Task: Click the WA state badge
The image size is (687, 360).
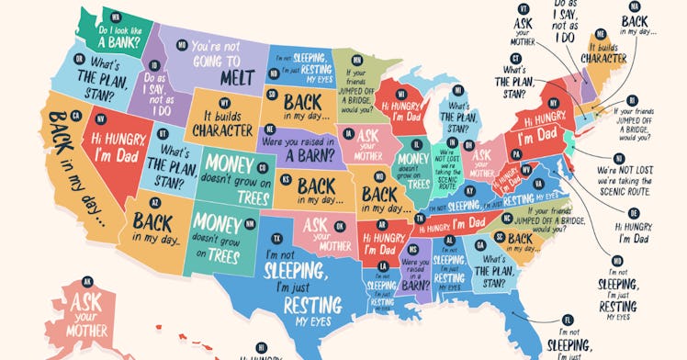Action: (116, 17)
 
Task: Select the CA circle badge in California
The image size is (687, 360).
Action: (76, 116)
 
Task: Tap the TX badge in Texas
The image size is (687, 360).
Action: (277, 238)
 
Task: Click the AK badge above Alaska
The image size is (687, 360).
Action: (88, 281)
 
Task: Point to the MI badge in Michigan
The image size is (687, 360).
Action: (401, 94)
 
